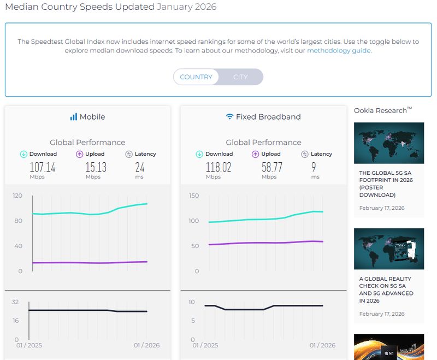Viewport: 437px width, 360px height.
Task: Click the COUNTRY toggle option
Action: pyautogui.click(x=196, y=77)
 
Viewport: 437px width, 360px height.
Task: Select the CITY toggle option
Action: pyautogui.click(x=240, y=77)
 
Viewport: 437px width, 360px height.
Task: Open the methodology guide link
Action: pyautogui.click(x=339, y=51)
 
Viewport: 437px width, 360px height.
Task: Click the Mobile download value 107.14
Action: pyautogui.click(x=43, y=167)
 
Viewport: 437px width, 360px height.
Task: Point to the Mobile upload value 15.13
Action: pyautogui.click(x=96, y=167)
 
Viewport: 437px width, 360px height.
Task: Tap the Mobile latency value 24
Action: pyautogui.click(x=140, y=167)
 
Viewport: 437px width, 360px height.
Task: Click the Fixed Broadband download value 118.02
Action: pyautogui.click(x=218, y=167)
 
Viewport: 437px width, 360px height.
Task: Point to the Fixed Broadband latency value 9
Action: pyautogui.click(x=315, y=167)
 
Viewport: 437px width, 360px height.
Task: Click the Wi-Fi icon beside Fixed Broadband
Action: pyautogui.click(x=229, y=117)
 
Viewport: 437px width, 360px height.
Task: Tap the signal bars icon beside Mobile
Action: pyautogui.click(x=73, y=117)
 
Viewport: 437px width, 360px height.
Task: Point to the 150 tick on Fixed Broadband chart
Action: pyautogui.click(x=193, y=196)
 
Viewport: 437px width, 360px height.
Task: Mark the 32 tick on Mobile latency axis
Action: pyautogui.click(x=15, y=302)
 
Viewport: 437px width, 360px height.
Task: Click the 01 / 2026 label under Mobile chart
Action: pyautogui.click(x=146, y=345)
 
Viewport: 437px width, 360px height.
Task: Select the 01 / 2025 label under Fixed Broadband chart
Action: pyautogui.click(x=205, y=345)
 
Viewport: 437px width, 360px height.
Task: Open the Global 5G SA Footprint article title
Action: pyautogui.click(x=385, y=184)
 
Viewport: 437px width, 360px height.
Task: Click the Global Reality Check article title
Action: pyautogui.click(x=386, y=290)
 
